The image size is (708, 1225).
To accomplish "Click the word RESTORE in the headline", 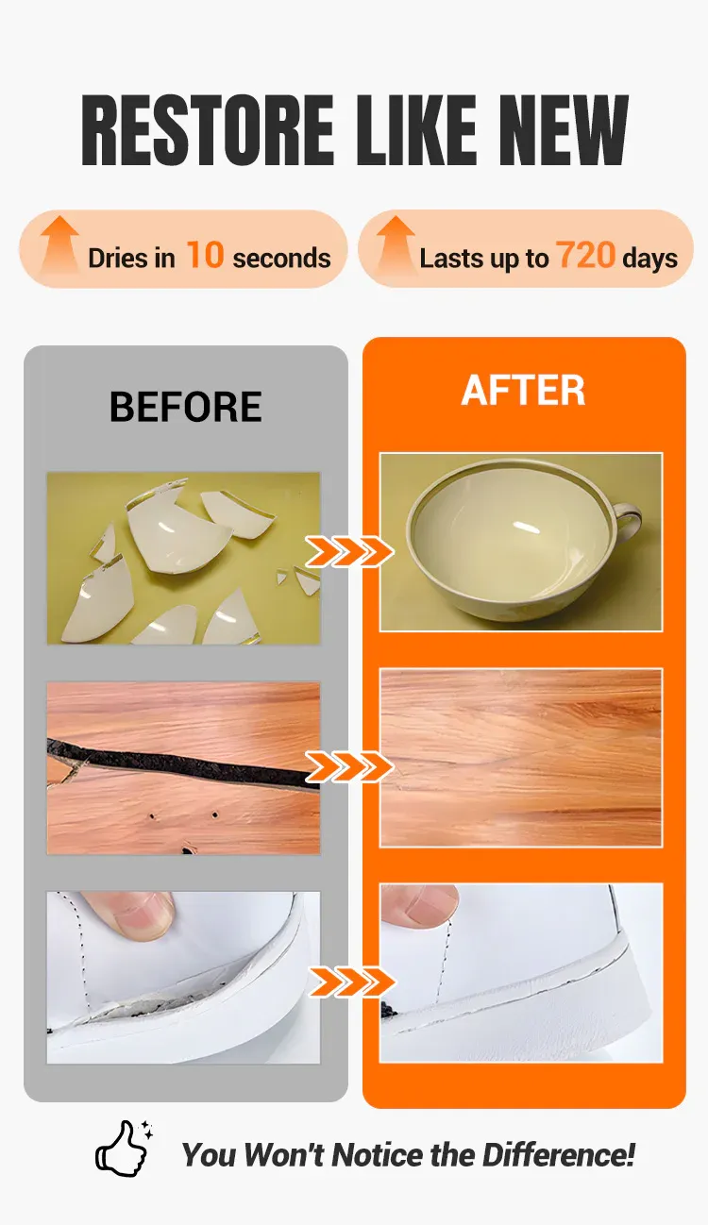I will pyautogui.click(x=207, y=130).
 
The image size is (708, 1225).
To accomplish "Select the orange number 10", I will pyautogui.click(x=205, y=256).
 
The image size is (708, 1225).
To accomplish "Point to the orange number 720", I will pyautogui.click(x=585, y=256).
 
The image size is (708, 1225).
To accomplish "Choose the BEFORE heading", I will pyautogui.click(x=186, y=407).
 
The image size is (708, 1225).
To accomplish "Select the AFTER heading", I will pyautogui.click(x=523, y=390).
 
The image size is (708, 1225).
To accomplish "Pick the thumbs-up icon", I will pyautogui.click(x=123, y=1149).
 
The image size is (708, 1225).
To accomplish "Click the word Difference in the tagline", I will pyautogui.click(x=558, y=1155).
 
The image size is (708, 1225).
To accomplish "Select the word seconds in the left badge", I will pyautogui.click(x=281, y=259).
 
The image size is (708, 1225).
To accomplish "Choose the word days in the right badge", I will pyautogui.click(x=650, y=259).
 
